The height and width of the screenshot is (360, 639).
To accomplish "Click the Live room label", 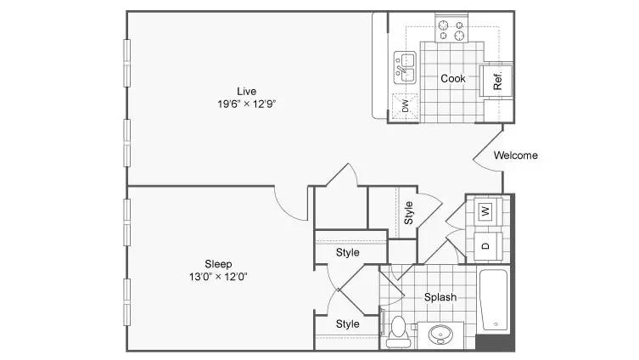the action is click(x=247, y=92).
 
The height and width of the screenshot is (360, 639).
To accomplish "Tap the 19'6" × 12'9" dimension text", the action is click(x=247, y=104).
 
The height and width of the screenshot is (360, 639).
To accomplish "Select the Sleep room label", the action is click(x=218, y=264).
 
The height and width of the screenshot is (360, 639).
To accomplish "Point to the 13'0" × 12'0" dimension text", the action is click(x=218, y=277).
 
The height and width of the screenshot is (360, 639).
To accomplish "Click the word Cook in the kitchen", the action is click(x=453, y=78).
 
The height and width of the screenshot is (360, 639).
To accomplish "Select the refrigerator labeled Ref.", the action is click(x=496, y=81).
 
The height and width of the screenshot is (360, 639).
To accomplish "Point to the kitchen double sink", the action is click(x=405, y=67).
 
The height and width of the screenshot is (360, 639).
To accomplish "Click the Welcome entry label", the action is click(x=515, y=155).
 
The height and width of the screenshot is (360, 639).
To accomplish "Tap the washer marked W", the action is click(x=485, y=211).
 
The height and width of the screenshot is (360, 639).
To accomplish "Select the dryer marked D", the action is click(x=485, y=246).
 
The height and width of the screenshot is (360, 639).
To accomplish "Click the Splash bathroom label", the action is click(x=440, y=297).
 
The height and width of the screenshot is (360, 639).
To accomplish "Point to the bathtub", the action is click(x=494, y=300).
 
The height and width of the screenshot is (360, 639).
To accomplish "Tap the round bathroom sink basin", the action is click(x=440, y=335).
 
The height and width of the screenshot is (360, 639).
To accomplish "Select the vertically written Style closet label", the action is click(x=408, y=212).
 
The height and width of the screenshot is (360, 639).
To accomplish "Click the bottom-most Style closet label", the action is click(x=348, y=324).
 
